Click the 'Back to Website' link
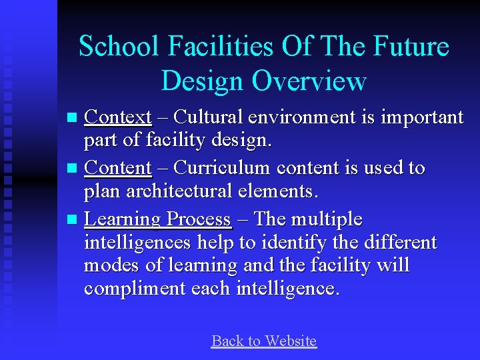pos(263,341)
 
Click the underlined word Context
pos(119,117)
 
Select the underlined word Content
pos(118,168)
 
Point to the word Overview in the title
pos(309,81)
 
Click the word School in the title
pos(120,47)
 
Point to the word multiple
pos(326,219)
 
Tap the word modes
pos(111,265)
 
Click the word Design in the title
pos(203,81)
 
